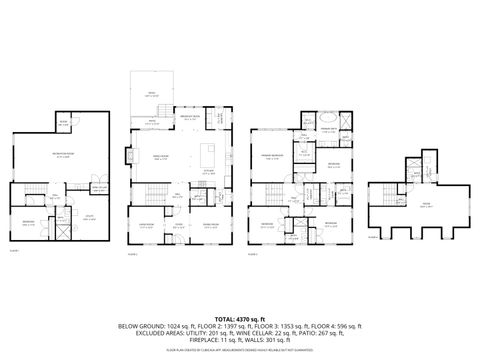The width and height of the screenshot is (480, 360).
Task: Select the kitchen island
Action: click(x=210, y=156)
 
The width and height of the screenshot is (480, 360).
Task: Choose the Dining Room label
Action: click(x=211, y=225)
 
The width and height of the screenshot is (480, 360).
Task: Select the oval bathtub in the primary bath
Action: click(x=346, y=119)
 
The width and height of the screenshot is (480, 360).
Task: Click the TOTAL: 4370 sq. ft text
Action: click(x=240, y=319)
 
